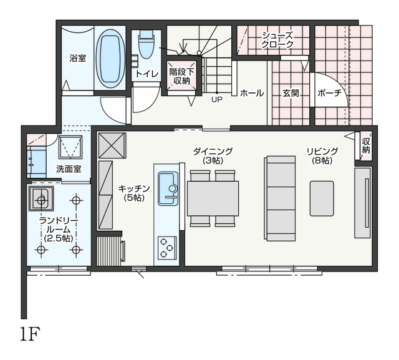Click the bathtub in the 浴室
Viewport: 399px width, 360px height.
click(110, 58)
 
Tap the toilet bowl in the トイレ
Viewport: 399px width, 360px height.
click(146, 44)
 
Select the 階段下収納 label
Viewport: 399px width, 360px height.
click(181, 76)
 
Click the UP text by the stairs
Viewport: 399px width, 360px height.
click(217, 99)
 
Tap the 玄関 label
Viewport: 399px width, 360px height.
click(291, 93)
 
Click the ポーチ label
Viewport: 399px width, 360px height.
click(329, 93)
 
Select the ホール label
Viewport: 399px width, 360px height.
click(252, 93)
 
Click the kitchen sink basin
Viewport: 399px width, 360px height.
click(168, 188)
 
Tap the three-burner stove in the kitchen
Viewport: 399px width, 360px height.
click(167, 248)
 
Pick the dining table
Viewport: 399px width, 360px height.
click(213, 198)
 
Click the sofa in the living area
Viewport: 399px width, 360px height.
click(280, 198)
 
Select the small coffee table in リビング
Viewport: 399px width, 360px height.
click(322, 198)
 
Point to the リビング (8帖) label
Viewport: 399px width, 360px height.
click(322, 156)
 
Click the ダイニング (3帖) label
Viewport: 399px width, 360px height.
click(213, 156)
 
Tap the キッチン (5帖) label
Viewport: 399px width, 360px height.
click(134, 193)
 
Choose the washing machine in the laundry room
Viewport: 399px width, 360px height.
click(41, 198)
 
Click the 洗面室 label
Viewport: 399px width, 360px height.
click(69, 169)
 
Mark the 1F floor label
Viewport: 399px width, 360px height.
click(31, 334)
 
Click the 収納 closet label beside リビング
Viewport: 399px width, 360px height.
click(366, 145)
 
